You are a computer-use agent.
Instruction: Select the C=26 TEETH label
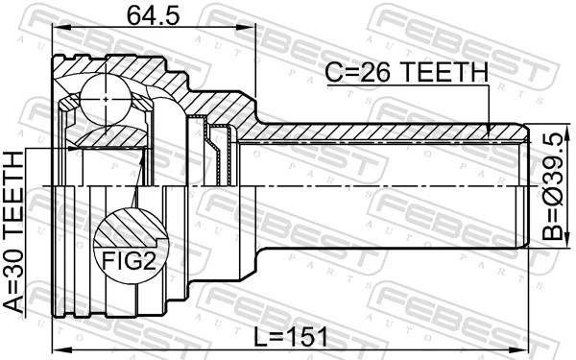click(x=407, y=72)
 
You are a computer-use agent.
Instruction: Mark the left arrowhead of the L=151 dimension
click(x=57, y=348)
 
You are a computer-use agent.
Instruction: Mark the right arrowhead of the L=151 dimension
click(x=525, y=348)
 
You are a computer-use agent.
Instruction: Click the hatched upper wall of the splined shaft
click(x=384, y=133)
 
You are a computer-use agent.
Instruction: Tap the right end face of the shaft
click(x=527, y=186)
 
